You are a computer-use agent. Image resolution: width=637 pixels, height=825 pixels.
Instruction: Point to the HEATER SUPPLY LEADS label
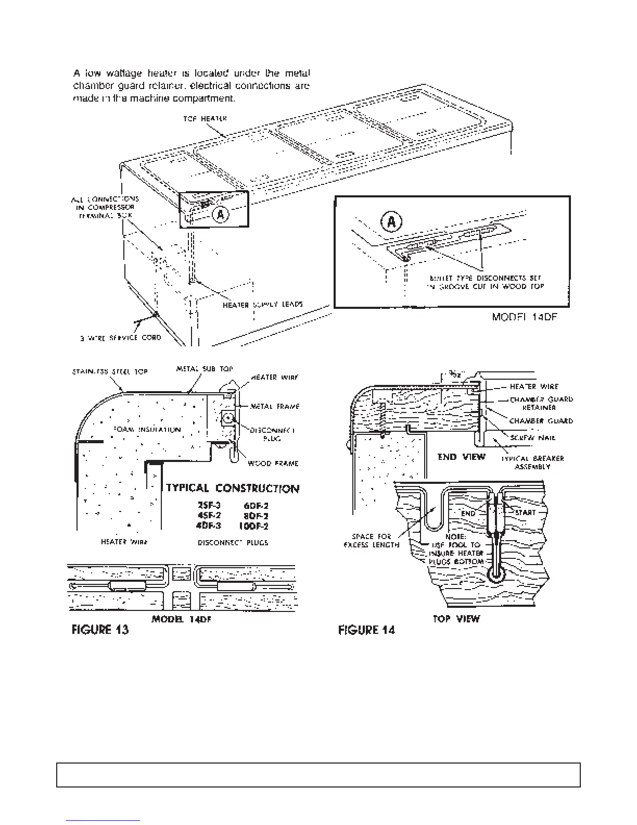263,305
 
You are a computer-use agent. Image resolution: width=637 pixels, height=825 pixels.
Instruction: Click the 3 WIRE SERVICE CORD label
121,337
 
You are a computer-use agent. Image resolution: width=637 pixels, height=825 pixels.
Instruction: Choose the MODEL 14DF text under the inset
525,317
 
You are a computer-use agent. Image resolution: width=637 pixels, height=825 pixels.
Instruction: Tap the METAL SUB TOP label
205,369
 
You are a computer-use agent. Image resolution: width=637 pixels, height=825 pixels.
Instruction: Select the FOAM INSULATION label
146,429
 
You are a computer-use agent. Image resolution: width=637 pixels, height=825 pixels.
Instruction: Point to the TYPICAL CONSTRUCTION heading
233,489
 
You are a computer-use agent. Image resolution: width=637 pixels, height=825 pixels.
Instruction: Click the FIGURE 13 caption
99,630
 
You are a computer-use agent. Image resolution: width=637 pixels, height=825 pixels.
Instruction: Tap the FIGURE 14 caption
366,630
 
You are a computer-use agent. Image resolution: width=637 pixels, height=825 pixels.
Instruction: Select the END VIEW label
461,457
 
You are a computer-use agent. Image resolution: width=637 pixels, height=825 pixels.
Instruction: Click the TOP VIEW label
456,619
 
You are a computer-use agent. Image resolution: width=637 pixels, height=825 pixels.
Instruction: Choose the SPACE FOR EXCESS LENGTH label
372,541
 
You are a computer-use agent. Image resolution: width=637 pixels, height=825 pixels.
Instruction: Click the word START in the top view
525,512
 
